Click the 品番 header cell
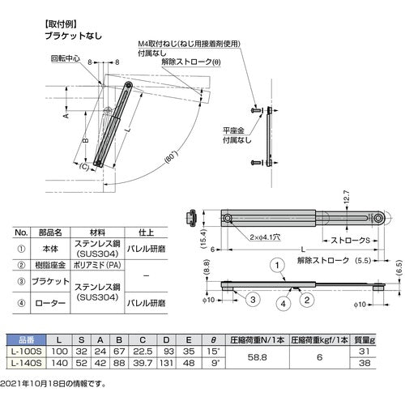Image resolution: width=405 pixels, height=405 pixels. pyautogui.click(x=26, y=340)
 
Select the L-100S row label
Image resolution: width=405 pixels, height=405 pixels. pyautogui.click(x=26, y=352)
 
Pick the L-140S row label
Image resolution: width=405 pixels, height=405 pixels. pyautogui.click(x=26, y=363)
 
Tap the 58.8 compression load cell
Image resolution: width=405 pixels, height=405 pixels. pyautogui.click(x=257, y=357)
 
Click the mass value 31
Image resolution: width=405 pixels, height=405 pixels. pyautogui.click(x=364, y=352)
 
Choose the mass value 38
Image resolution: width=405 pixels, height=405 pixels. pyautogui.click(x=364, y=363)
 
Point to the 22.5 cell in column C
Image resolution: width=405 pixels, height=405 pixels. pyautogui.click(x=143, y=352)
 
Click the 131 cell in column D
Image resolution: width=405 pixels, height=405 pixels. pyautogui.click(x=166, y=363)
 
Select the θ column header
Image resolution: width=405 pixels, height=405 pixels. pyautogui.click(x=213, y=340)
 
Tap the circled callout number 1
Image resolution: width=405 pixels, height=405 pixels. pyautogui.click(x=277, y=266)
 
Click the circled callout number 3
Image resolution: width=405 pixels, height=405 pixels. pyautogui.click(x=253, y=300)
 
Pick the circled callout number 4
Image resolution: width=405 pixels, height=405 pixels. pyautogui.click(x=283, y=304)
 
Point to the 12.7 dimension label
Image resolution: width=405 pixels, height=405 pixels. pyautogui.click(x=347, y=196)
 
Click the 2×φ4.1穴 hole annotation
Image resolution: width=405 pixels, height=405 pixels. pyautogui.click(x=265, y=237)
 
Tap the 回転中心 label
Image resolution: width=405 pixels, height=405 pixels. pyautogui.click(x=66, y=58)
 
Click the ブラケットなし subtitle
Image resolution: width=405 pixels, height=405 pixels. pyautogui.click(x=73, y=36)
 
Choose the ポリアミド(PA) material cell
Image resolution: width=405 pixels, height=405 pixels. pyautogui.click(x=97, y=265)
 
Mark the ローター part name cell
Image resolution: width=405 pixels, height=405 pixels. pyautogui.click(x=50, y=303)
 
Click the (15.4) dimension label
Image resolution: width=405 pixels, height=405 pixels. pyautogui.click(x=203, y=238)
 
